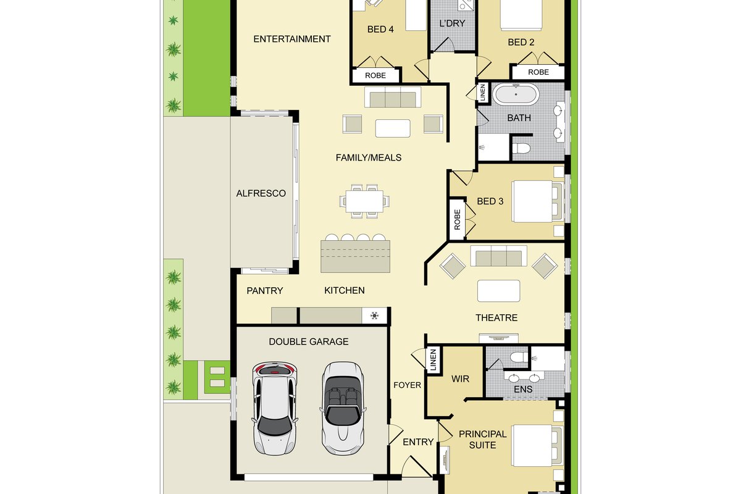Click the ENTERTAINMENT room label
[x=291, y=39]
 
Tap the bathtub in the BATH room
[x=516, y=94]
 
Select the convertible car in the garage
[x=343, y=408]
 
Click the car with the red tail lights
[x=274, y=408]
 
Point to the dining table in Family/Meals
[x=364, y=201]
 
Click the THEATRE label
[x=496, y=318]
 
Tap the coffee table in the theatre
[x=498, y=291]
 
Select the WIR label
[x=460, y=379]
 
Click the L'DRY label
[x=452, y=23]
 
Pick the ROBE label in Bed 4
[x=375, y=75]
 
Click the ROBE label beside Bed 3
[x=457, y=219]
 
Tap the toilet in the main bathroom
[x=521, y=148]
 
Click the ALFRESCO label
[x=261, y=193]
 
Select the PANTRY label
[x=265, y=291]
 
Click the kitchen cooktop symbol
[x=374, y=316]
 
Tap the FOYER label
[x=407, y=385]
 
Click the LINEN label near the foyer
[x=433, y=359]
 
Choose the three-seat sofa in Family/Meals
[x=393, y=98]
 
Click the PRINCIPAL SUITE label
[x=483, y=440]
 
